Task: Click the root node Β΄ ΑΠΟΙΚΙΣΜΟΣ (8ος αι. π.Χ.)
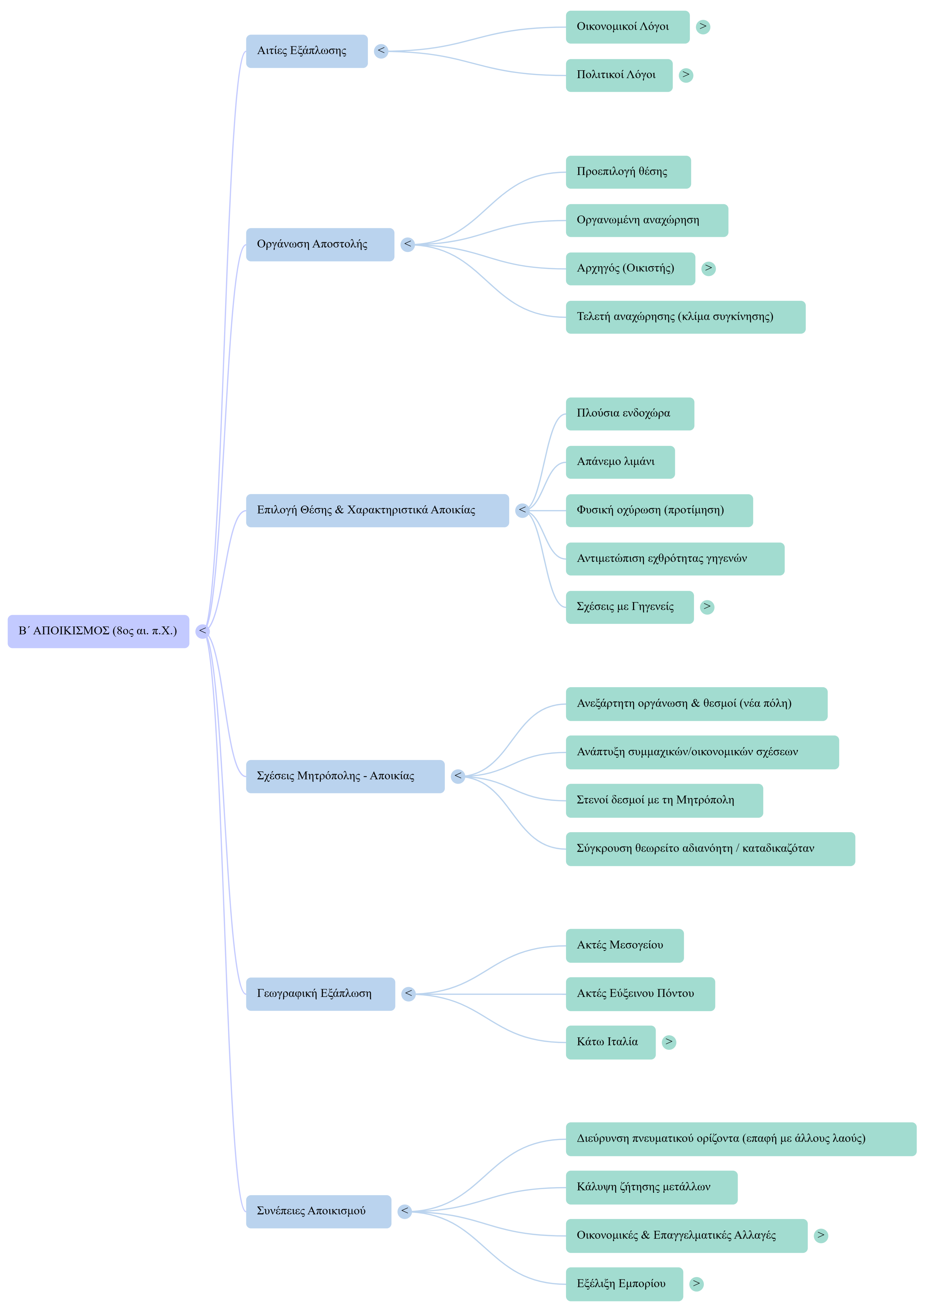click(x=98, y=631)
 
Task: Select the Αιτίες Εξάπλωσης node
click(x=307, y=51)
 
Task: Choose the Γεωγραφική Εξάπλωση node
click(x=320, y=994)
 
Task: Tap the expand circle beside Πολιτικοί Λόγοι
click(x=686, y=75)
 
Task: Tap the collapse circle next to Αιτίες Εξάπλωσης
click(x=380, y=51)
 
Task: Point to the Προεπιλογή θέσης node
click(x=628, y=172)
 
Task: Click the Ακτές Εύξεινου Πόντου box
click(x=640, y=994)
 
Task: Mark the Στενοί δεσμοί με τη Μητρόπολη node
click(x=664, y=801)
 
